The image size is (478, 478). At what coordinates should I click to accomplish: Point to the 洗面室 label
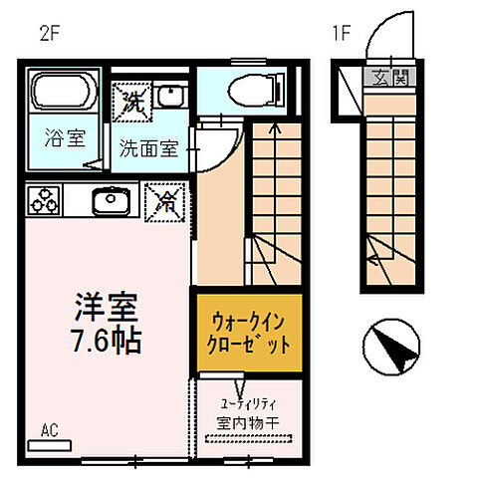[x=148, y=150]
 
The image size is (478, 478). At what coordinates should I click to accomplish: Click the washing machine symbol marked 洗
[x=133, y=98]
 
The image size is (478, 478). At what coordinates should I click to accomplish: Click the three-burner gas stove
[x=45, y=199]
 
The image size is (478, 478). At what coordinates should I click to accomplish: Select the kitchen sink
[x=111, y=200]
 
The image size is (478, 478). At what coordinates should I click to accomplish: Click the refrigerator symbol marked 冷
[x=164, y=201]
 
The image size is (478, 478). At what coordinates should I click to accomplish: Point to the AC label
[x=50, y=431]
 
